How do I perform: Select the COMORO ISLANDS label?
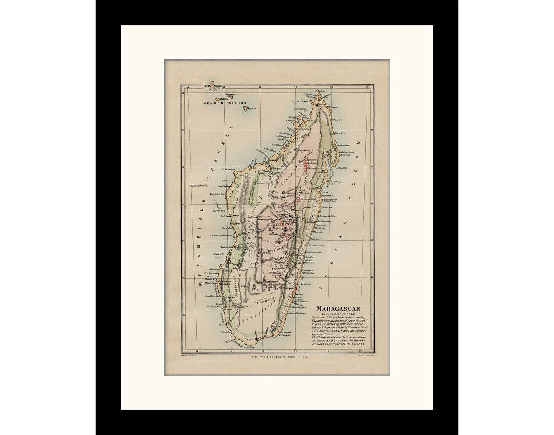[221, 103]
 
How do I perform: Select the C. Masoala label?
[342, 167]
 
